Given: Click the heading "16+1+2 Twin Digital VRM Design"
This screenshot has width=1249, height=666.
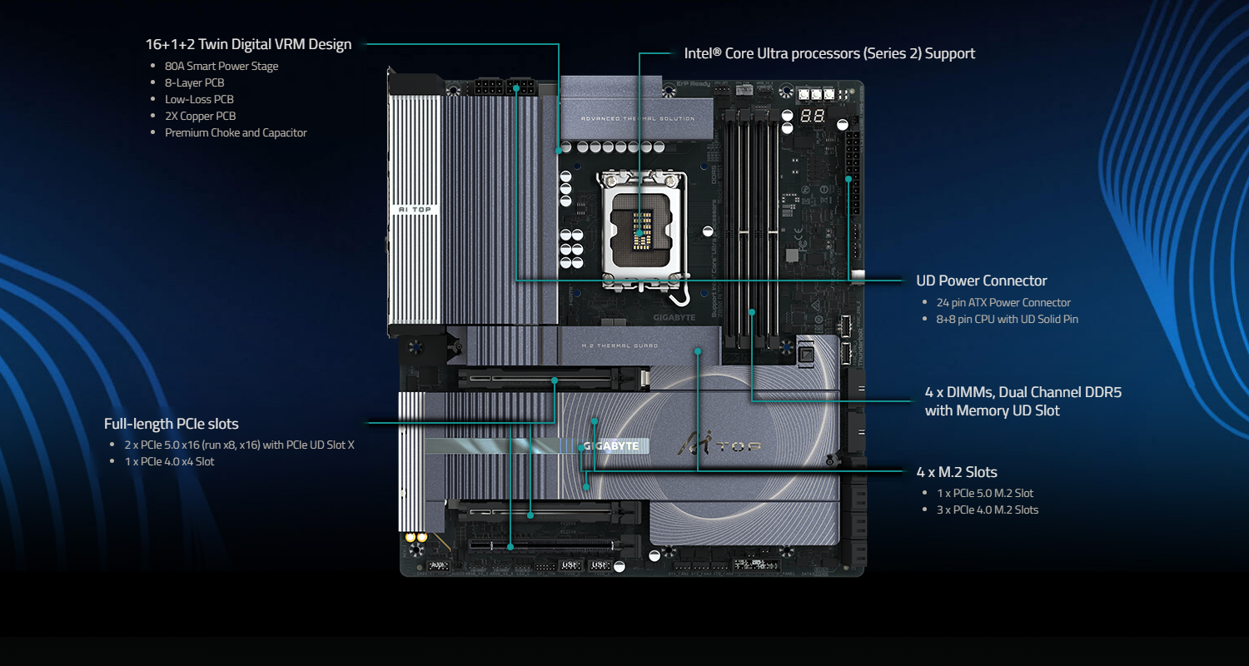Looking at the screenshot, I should pyautogui.click(x=248, y=44).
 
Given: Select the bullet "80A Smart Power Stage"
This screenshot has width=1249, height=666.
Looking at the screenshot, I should pyautogui.click(x=221, y=66).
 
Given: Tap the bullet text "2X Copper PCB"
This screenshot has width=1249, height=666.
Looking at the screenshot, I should pyautogui.click(x=200, y=116).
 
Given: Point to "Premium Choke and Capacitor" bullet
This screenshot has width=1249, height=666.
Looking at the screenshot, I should pyautogui.click(x=236, y=132).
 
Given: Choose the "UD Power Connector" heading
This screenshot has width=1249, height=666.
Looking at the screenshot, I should pyautogui.click(x=982, y=281).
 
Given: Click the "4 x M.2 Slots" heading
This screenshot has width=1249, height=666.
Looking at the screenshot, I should pyautogui.click(x=957, y=472).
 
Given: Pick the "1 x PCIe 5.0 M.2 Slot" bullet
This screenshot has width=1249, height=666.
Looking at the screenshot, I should pyautogui.click(x=985, y=493).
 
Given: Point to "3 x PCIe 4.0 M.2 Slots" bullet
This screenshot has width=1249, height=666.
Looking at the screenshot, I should pyautogui.click(x=988, y=509).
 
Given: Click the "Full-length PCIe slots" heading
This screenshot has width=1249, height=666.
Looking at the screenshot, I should pyautogui.click(x=172, y=424).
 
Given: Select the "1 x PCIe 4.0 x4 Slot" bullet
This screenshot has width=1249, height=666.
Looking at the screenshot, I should pyautogui.click(x=169, y=461).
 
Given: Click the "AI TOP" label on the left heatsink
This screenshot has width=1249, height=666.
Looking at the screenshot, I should pyautogui.click(x=413, y=209).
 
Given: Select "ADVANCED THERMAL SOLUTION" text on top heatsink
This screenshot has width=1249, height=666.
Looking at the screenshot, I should pyautogui.click(x=637, y=118).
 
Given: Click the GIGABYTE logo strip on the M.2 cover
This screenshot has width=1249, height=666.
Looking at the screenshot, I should pyautogui.click(x=612, y=445).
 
